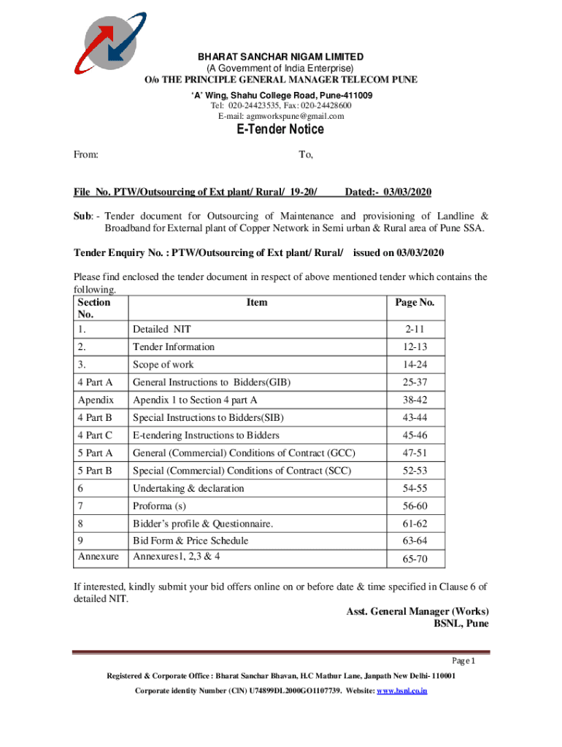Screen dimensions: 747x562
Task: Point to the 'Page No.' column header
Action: click(x=415, y=302)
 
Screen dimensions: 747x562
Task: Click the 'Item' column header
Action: click(x=257, y=302)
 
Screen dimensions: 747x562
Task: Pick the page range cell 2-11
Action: click(x=415, y=329)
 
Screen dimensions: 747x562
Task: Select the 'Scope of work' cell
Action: click(x=163, y=364)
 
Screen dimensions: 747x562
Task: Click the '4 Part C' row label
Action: click(x=96, y=436)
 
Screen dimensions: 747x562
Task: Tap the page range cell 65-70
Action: click(x=415, y=560)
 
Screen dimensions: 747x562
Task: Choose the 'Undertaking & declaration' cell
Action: click(x=188, y=488)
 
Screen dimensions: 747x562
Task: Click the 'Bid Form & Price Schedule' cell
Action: click(x=190, y=541)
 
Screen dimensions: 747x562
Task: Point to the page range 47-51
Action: click(x=415, y=453)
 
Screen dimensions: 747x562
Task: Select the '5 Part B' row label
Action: click(x=96, y=471)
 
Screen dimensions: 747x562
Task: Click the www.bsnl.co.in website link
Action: click(x=401, y=689)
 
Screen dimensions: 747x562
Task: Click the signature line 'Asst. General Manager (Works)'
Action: click(x=417, y=611)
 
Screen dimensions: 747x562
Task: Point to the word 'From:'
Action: click(x=87, y=155)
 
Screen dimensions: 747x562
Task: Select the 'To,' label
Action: click(x=306, y=155)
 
